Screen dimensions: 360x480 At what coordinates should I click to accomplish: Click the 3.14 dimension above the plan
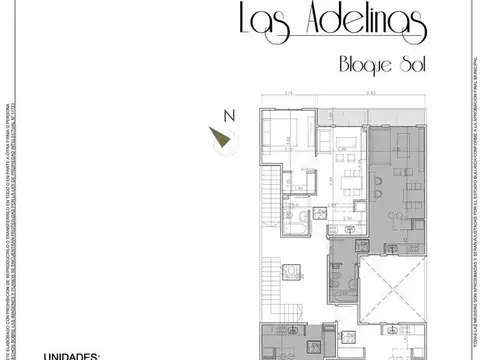[x=287, y=94]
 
